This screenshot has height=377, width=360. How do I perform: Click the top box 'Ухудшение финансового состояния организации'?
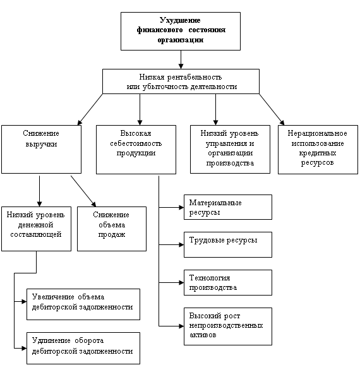click(181, 31)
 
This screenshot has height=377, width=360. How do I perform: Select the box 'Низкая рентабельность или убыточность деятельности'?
click(181, 81)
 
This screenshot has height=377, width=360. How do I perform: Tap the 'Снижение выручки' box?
click(41, 149)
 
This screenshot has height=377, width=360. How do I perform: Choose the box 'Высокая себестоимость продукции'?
click(136, 150)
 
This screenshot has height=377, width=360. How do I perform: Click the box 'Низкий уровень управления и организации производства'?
click(230, 149)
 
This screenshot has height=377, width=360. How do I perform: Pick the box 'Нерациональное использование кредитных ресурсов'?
click(318, 150)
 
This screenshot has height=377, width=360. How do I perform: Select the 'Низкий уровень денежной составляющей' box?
click(36, 229)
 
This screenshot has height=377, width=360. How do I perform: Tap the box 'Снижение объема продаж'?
click(112, 229)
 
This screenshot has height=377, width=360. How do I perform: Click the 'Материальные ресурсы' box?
click(228, 207)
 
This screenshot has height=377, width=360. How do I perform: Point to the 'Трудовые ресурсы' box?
click(228, 245)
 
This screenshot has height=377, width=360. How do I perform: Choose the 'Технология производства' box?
click(228, 282)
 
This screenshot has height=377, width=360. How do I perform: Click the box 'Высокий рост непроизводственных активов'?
click(228, 326)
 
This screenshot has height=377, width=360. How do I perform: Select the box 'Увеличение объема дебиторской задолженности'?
click(83, 304)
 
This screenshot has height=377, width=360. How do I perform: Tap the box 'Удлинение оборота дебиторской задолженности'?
click(83, 348)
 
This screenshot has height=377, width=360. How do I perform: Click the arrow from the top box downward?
click(181, 59)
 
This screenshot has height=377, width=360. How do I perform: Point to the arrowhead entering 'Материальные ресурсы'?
click(181, 207)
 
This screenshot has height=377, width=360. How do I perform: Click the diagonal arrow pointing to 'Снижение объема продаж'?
click(83, 191)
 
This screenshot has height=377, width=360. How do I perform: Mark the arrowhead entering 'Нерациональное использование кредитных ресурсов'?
click(282, 123)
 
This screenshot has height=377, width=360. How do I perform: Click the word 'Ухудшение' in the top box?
click(180, 20)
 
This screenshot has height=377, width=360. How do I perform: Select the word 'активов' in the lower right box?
click(203, 335)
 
